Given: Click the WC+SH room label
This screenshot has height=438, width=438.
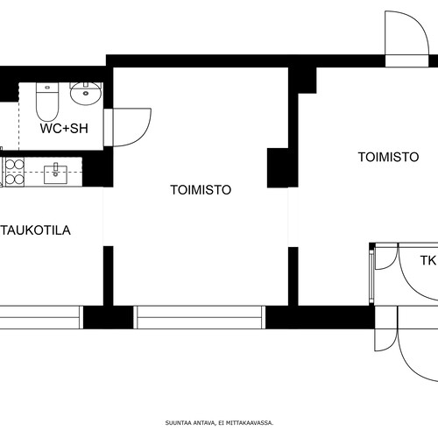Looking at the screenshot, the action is tap(64, 129).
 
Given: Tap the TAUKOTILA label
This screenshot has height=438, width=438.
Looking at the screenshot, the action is tap(35, 230).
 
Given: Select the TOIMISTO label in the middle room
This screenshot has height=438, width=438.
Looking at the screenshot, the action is tap(201, 190).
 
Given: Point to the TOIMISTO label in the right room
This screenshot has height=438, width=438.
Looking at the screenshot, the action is tap(388, 157).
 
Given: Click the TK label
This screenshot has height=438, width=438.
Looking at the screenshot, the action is tap(428, 260).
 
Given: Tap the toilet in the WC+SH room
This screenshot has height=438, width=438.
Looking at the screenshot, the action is tap(47, 102).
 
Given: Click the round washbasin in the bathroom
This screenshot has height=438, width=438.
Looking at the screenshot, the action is tap(86, 94).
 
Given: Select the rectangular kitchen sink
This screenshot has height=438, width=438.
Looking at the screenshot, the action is tap(55, 174).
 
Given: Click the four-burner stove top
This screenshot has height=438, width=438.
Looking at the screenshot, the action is tap(15, 172).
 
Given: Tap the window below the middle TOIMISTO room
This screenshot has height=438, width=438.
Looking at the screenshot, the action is tap(200, 317).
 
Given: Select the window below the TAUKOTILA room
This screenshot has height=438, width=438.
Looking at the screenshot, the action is tap(41, 317).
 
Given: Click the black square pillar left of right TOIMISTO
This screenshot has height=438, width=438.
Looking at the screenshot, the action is tap(278, 167).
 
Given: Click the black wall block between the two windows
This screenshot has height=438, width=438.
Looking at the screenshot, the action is tap(109, 317).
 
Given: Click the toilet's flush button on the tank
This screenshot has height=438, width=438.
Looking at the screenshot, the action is tap(47, 88).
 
